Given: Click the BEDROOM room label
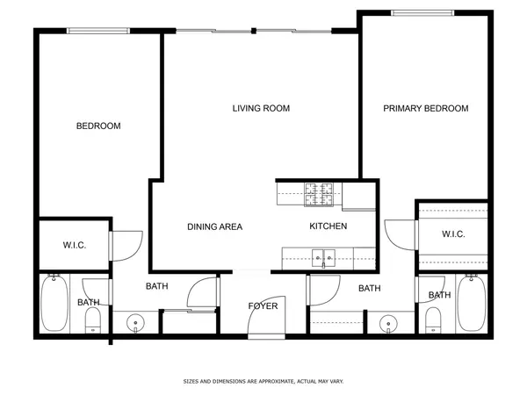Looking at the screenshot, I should (x=98, y=126).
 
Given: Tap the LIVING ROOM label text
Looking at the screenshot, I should (x=261, y=109).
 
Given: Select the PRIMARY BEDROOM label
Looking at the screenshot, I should (x=425, y=109).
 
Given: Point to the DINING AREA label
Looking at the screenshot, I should (x=214, y=226).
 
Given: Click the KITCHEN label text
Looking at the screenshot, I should (x=328, y=226).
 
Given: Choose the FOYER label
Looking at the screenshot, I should (x=263, y=306).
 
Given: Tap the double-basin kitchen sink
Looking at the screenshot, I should (x=322, y=258).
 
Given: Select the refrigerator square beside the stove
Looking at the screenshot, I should (x=358, y=196).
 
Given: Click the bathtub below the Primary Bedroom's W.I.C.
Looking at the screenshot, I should (x=470, y=304).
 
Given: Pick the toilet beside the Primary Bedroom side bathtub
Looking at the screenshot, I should (x=433, y=321).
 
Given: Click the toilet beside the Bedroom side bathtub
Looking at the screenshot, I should (x=92, y=321).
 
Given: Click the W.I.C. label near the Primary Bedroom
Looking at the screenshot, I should (x=452, y=234).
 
